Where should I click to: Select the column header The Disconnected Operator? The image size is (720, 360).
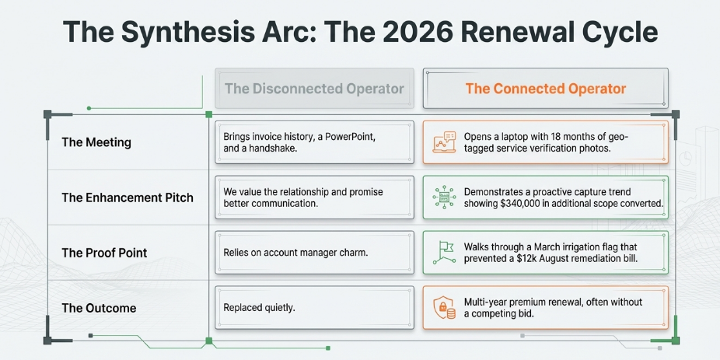click(315, 89)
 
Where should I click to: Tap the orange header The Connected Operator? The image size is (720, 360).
click(546, 89)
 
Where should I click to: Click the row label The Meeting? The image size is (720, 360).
click(96, 142)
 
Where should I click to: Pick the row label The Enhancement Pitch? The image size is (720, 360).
click(128, 198)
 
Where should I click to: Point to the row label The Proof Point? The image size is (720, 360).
click(105, 253)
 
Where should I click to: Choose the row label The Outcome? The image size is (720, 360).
click(100, 308)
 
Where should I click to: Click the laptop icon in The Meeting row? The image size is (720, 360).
click(443, 142)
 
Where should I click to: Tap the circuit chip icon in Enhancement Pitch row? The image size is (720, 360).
click(443, 197)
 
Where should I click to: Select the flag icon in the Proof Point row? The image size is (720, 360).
click(443, 253)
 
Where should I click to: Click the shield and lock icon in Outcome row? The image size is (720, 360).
click(443, 308)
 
